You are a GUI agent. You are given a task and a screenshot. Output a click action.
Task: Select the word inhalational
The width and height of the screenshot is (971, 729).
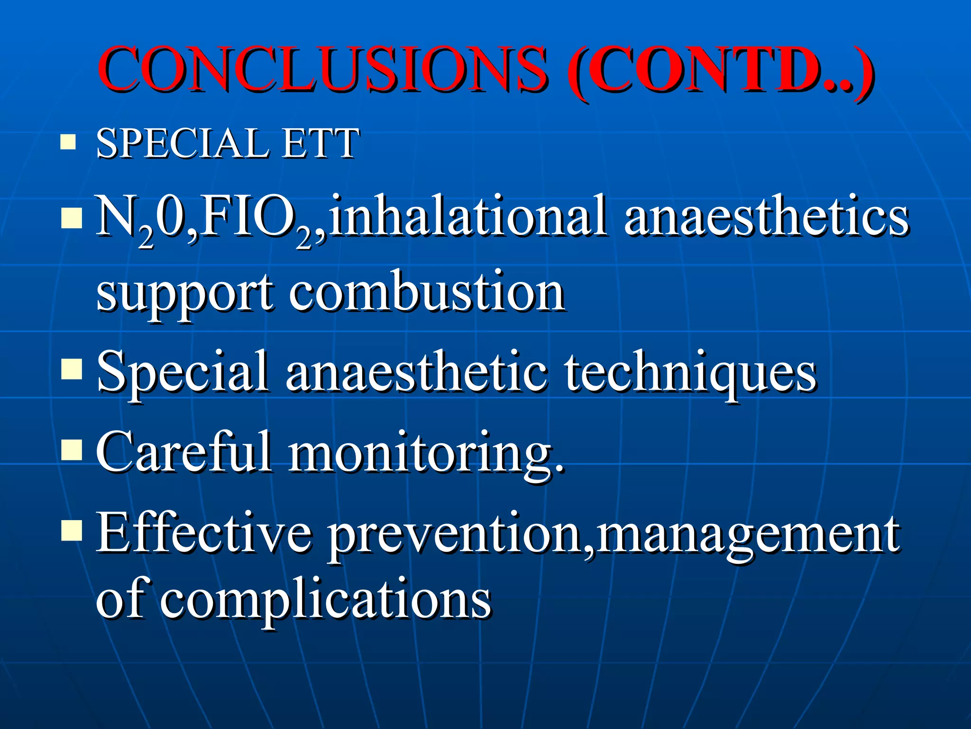[x=467, y=216]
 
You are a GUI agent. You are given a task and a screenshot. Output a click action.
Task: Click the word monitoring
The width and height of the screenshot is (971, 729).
[x=427, y=453]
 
